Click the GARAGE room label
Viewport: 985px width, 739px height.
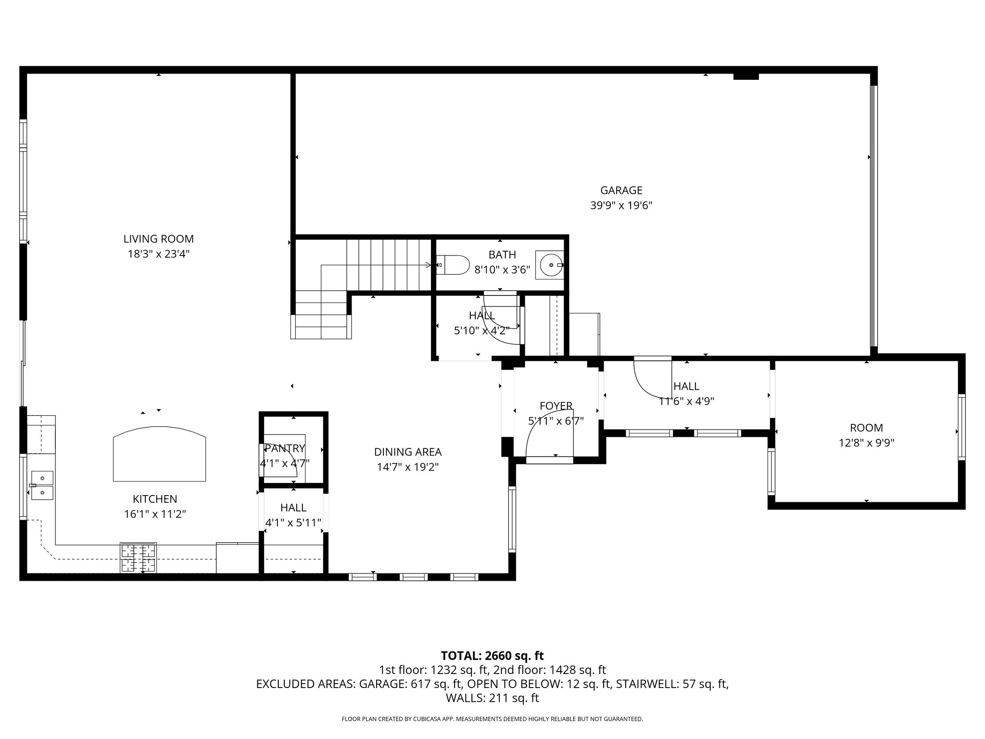tap(621, 191)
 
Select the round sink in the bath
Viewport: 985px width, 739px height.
tap(550, 265)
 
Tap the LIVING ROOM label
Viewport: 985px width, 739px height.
tap(158, 239)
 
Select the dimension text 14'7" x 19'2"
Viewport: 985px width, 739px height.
tap(407, 467)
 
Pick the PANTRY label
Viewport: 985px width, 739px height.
tap(285, 448)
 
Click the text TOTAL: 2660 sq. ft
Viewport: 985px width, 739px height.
tap(492, 656)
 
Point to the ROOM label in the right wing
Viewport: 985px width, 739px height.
tap(866, 428)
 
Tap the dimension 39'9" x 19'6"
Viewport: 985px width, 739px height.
tap(621, 206)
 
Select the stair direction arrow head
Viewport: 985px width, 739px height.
tap(428, 265)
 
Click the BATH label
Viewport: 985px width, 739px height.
tap(502, 255)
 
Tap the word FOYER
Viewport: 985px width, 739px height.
tap(556, 406)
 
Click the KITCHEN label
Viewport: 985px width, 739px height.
tap(155, 499)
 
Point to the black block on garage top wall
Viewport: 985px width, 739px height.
tap(746, 76)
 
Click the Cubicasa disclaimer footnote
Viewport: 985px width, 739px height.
tap(492, 719)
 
